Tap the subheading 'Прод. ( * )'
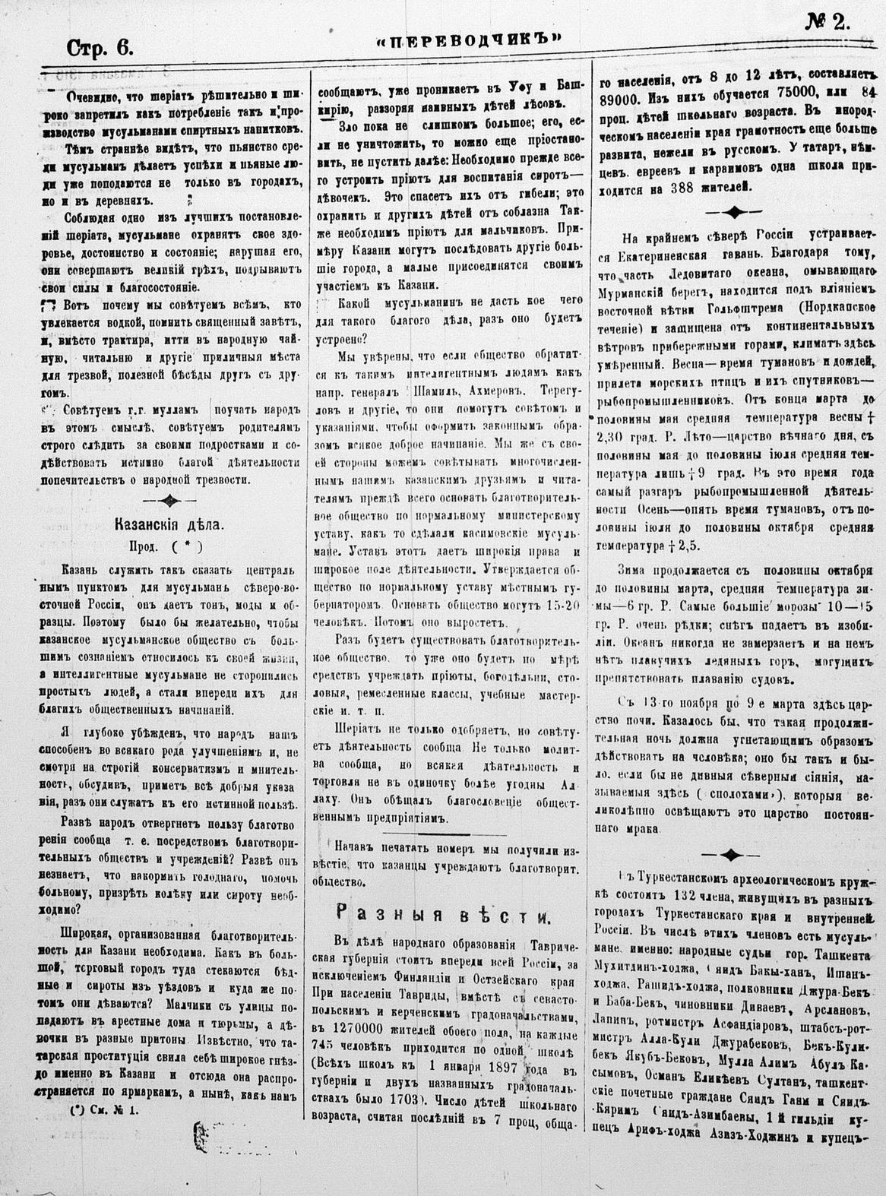coord(165,545)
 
